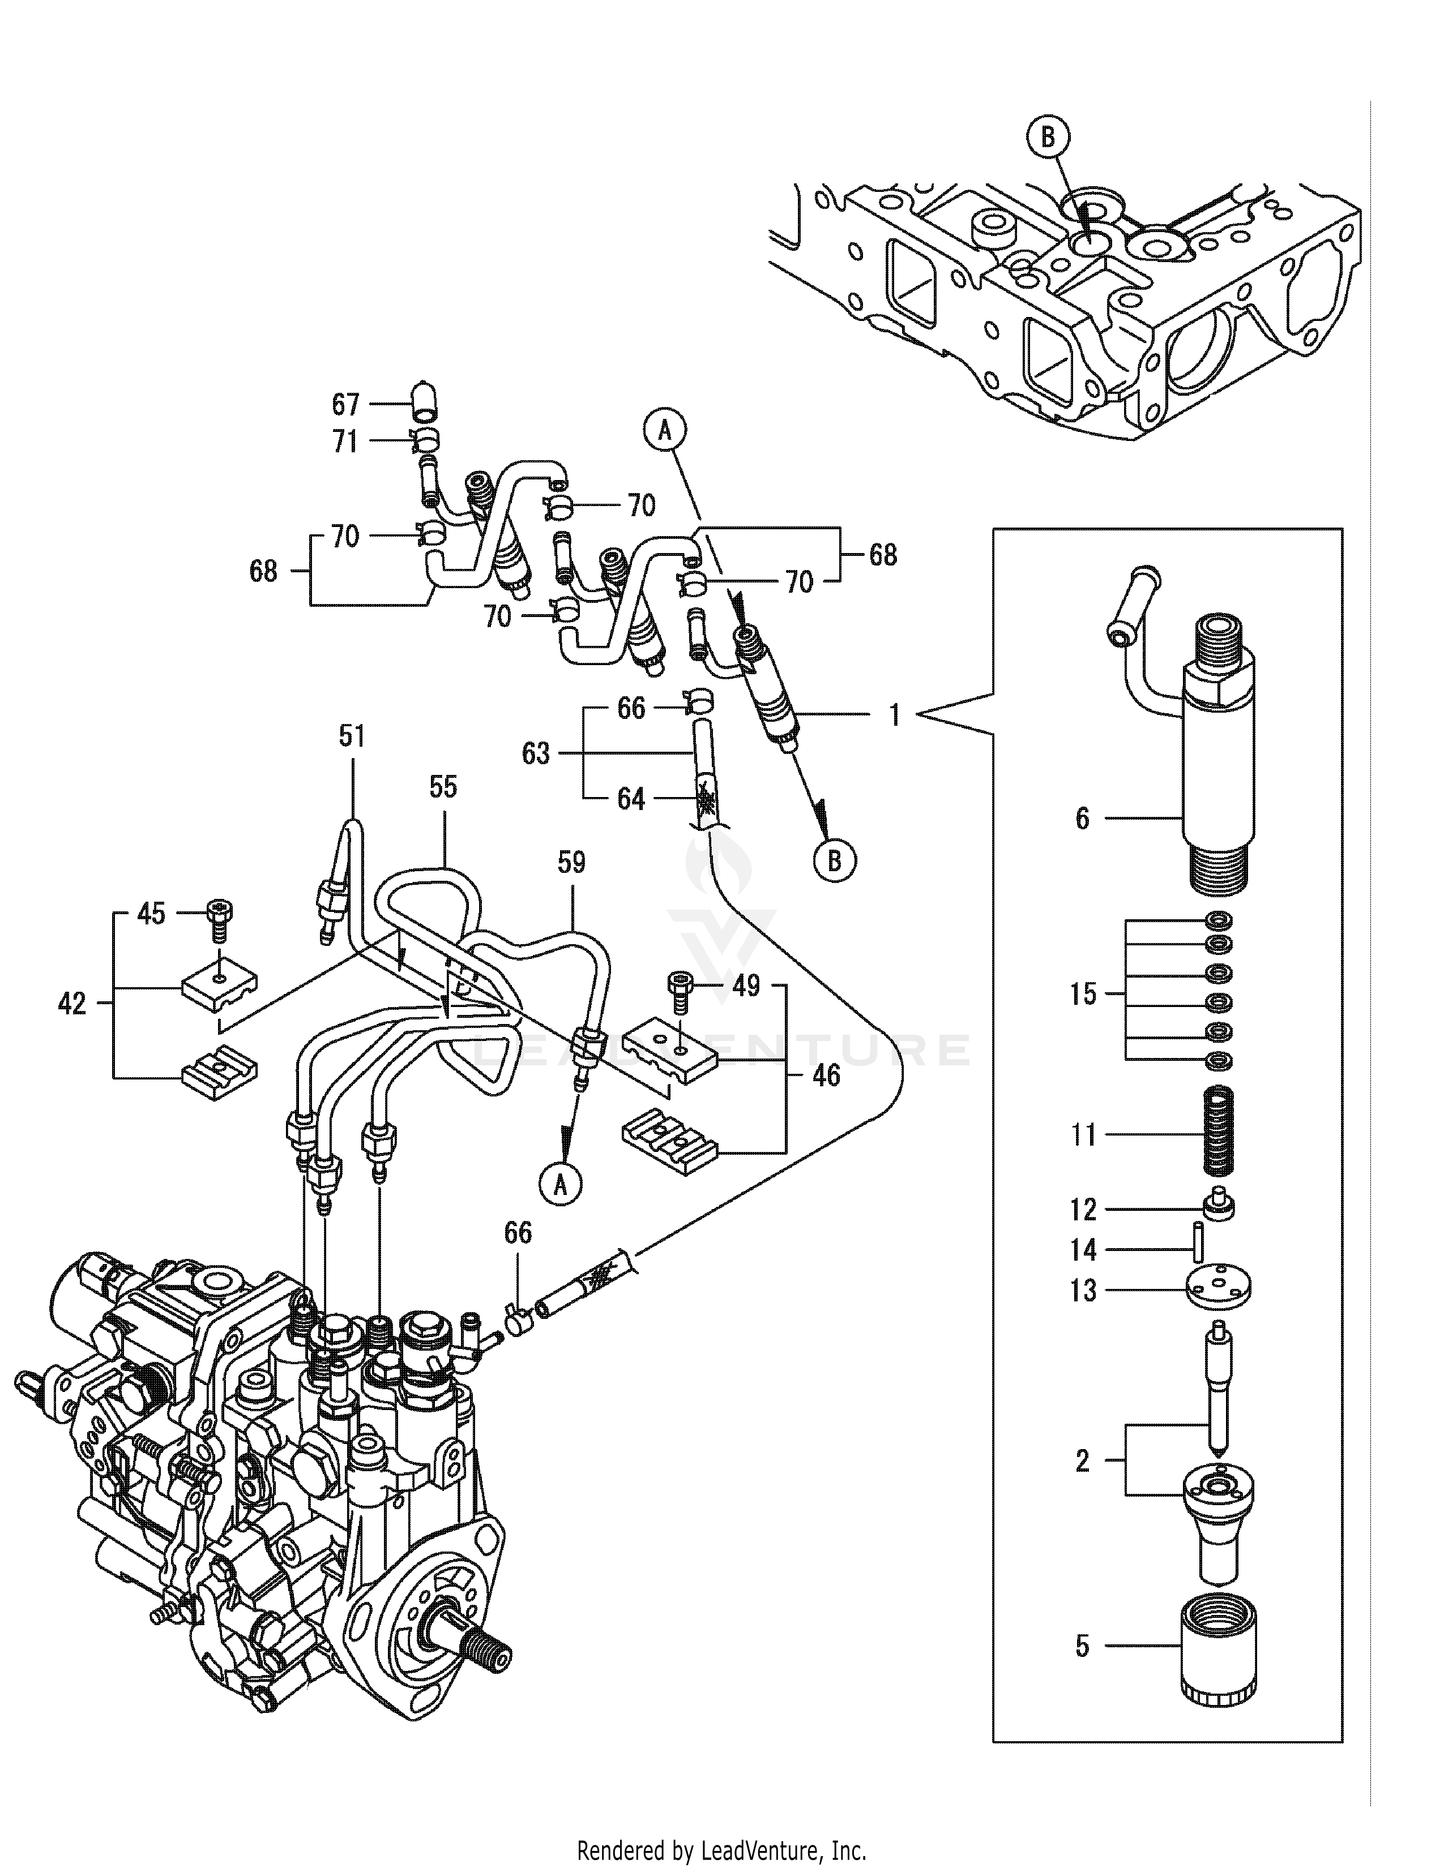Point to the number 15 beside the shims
pyautogui.click(x=1082, y=994)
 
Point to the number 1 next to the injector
pyautogui.click(x=894, y=714)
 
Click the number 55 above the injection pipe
pyautogui.click(x=443, y=787)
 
